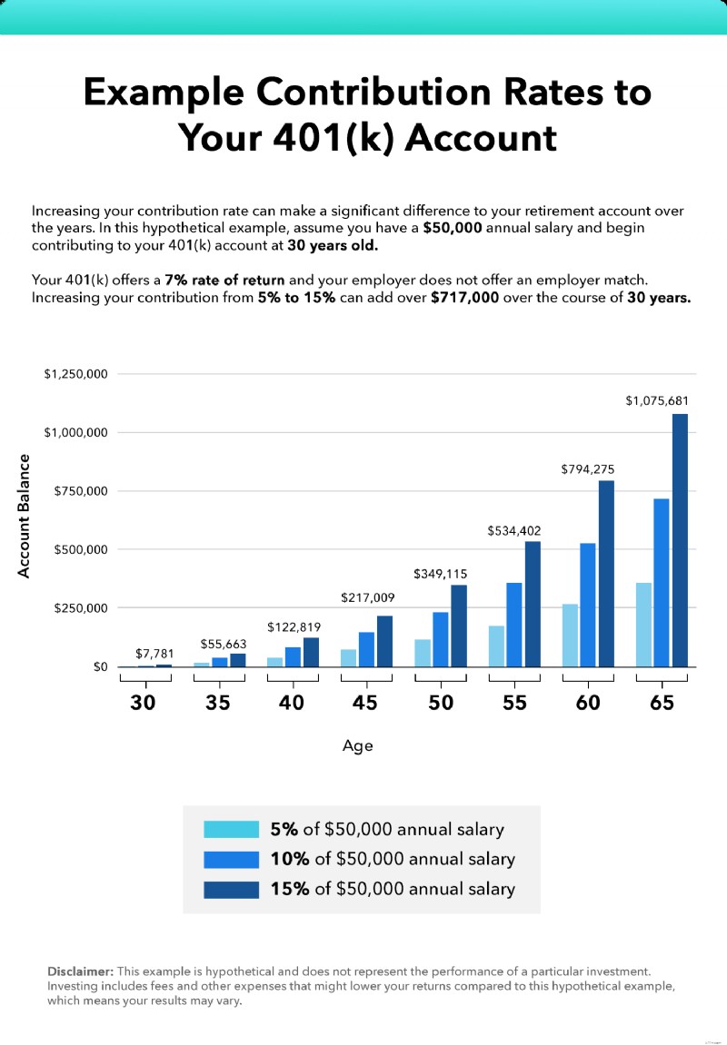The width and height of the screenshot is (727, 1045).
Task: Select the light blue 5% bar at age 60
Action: point(570,636)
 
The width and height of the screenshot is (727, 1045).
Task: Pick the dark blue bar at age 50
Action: point(459,626)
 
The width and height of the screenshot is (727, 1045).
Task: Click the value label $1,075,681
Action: point(656,400)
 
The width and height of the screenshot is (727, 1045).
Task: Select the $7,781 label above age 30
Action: point(152,653)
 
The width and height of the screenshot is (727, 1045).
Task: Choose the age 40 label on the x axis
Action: point(292,703)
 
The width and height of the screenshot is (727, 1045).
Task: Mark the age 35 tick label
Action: point(217,703)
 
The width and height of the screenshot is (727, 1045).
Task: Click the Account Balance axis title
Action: point(25,516)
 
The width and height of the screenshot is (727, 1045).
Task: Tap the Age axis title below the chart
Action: point(357,746)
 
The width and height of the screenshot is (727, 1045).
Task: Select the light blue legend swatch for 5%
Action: point(231,829)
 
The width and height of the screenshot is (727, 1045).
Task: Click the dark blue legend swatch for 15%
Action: point(231,889)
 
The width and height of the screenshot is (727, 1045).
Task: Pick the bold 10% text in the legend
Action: point(289,859)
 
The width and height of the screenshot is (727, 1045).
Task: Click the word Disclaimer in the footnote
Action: point(80,971)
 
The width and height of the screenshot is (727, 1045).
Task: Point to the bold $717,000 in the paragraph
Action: point(464,298)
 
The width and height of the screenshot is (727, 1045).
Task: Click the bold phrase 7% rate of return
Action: point(224,281)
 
